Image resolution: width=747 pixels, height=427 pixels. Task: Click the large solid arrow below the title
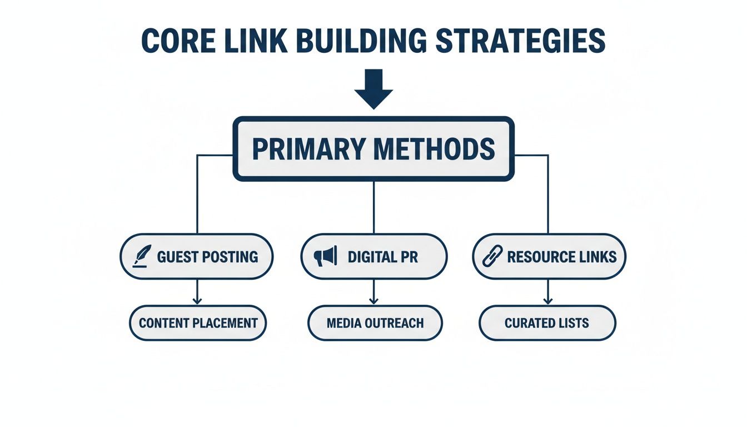[373, 88]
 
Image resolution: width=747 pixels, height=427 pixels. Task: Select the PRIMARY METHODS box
[373, 148]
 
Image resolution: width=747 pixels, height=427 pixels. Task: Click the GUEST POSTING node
[197, 256]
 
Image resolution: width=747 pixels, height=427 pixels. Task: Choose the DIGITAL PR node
[373, 256]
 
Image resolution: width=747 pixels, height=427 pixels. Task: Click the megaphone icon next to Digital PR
[326, 256]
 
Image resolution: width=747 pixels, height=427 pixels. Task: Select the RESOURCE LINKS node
[549, 256]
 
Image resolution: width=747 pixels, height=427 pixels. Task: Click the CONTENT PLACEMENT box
[198, 323]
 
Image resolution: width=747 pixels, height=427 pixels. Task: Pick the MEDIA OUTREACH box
[375, 323]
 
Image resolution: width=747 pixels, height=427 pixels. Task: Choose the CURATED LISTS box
[547, 323]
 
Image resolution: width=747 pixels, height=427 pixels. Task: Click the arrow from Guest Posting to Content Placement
[197, 292]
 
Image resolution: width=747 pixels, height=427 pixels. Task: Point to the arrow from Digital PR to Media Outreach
[373, 292]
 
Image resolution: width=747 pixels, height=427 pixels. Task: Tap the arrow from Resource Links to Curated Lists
[548, 292]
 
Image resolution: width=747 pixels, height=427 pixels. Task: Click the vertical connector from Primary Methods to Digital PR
[373, 207]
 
